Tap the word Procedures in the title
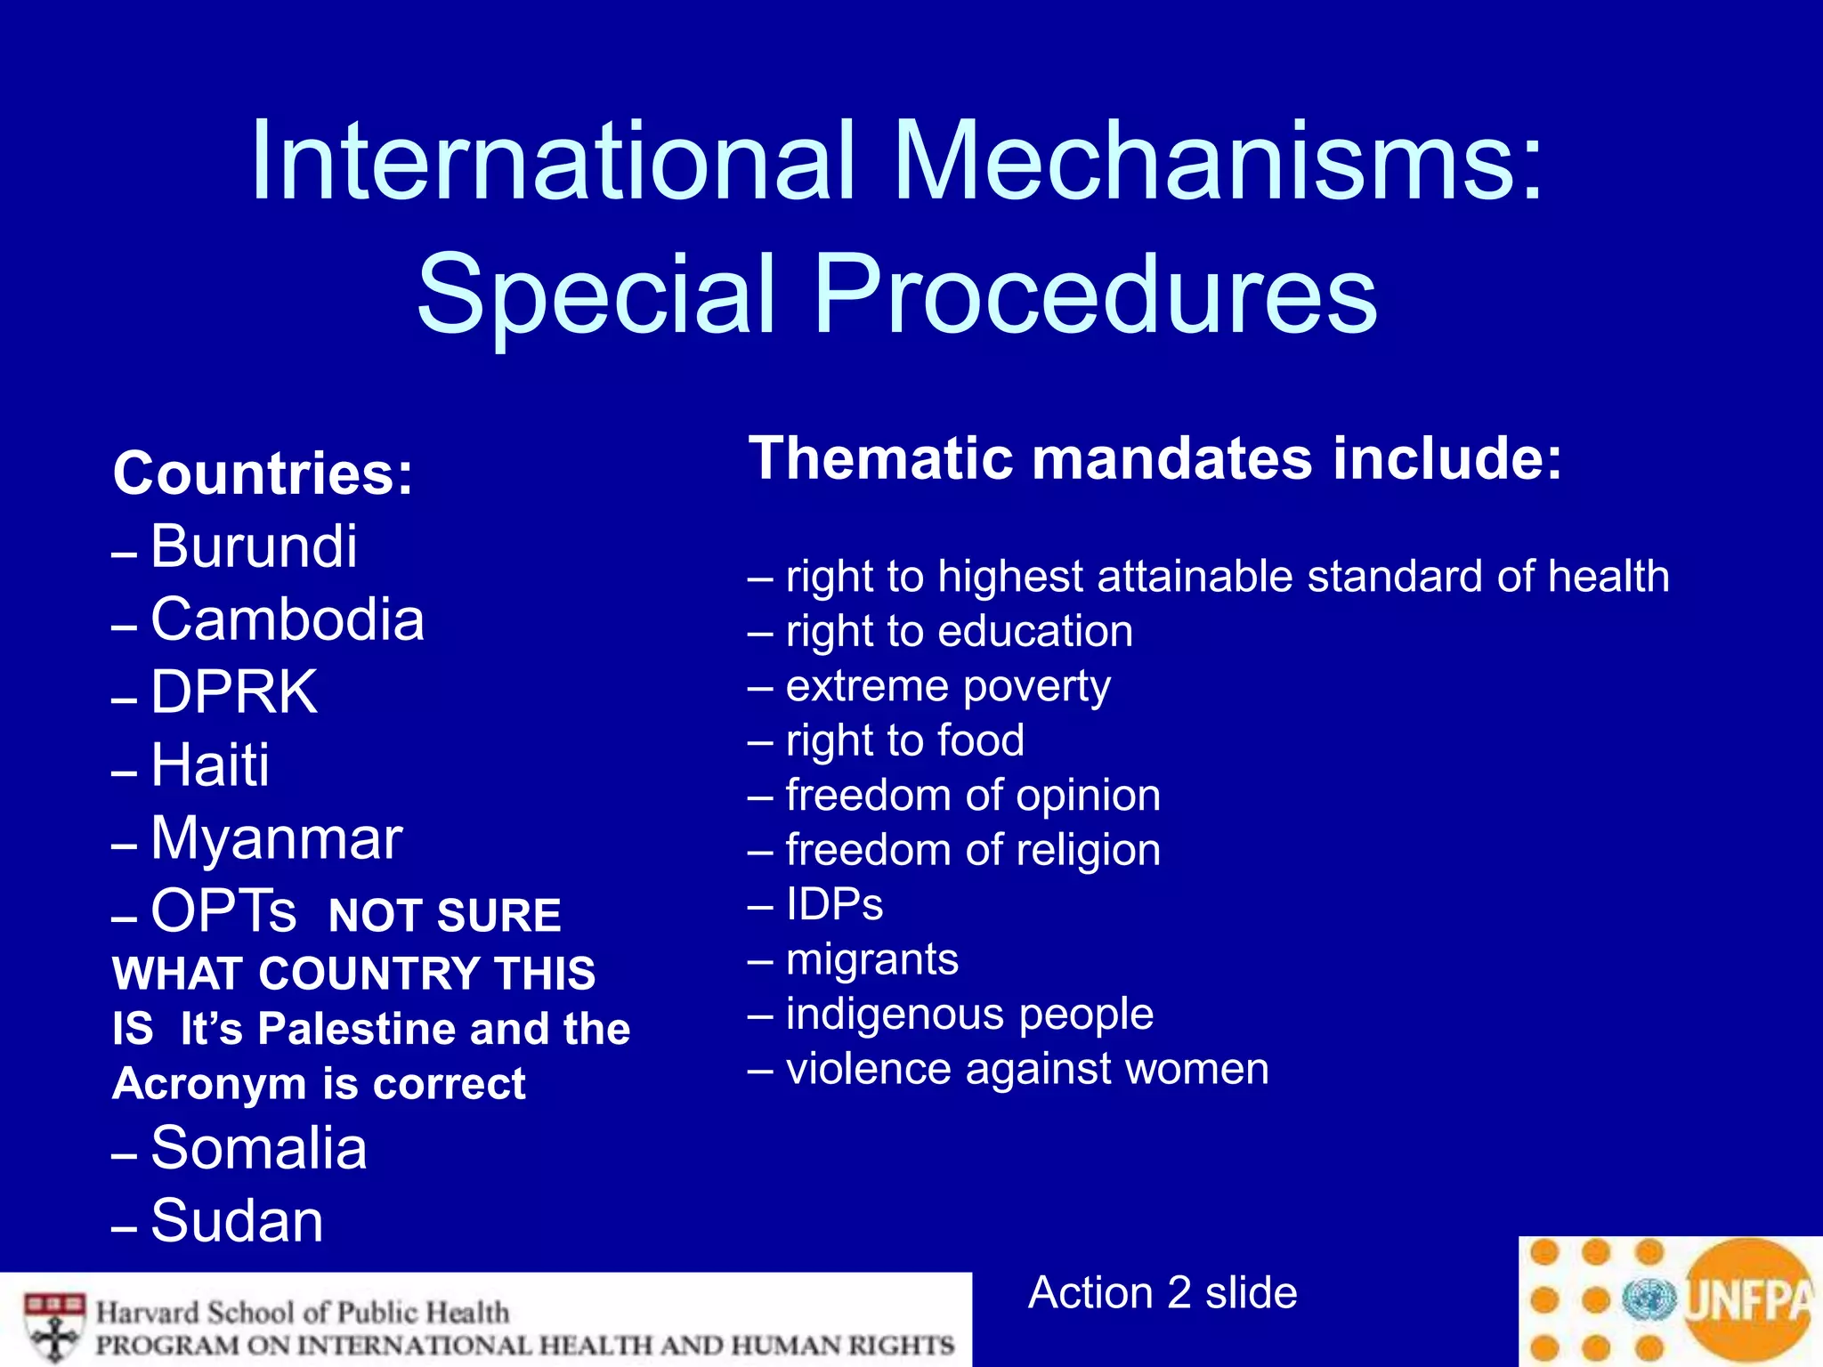[1095, 294]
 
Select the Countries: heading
[263, 473]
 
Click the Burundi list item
[254, 546]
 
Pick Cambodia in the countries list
[287, 619]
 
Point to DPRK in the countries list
[233, 692]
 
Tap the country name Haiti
[210, 764]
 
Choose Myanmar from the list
[276, 837]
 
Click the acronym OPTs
[223, 911]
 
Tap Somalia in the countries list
[258, 1147]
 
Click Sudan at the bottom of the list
[237, 1220]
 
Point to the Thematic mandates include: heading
[1155, 458]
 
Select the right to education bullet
[959, 631]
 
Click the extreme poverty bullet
[948, 686]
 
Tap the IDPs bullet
[834, 904]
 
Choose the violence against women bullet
[1027, 1068]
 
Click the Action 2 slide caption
[1163, 1292]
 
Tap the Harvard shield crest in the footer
[54, 1327]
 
